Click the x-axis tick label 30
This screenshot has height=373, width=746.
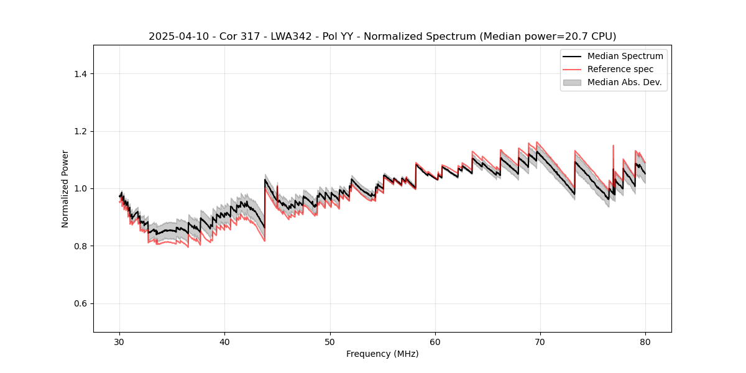120,342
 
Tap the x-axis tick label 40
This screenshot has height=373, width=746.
225,342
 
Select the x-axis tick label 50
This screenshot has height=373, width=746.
330,342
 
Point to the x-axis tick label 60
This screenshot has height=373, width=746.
435,342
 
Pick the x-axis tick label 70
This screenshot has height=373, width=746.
540,342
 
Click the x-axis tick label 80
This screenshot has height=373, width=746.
645,342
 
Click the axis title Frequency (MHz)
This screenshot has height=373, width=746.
382,354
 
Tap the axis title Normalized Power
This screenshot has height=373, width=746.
65,188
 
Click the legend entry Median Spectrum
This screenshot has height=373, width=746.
625,56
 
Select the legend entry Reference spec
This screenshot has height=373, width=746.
620,69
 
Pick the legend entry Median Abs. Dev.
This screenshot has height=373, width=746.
624,82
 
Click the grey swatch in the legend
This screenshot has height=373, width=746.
572,82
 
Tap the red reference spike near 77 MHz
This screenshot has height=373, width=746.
614,147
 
